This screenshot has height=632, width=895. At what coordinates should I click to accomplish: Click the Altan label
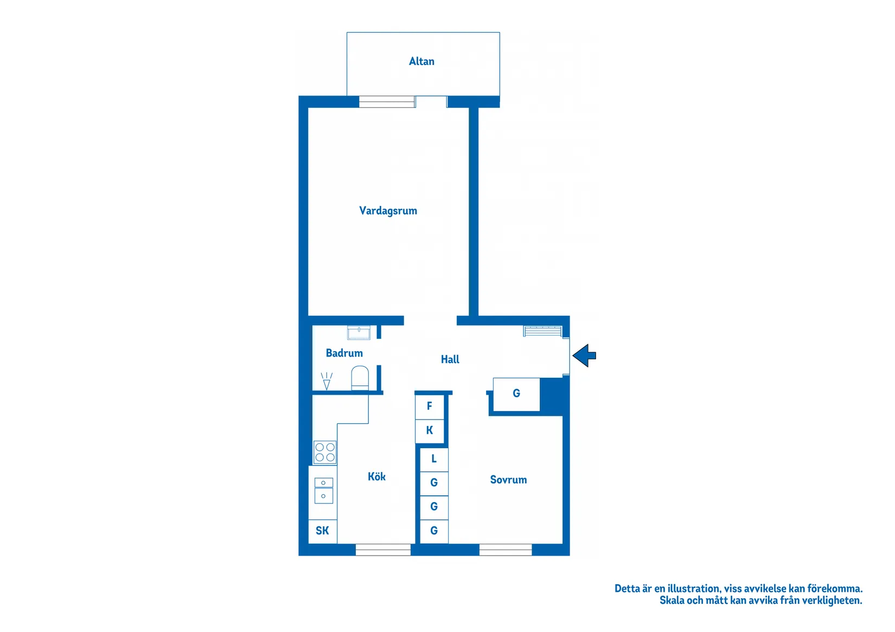[x=421, y=61]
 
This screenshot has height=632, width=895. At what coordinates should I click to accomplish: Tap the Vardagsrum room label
[x=388, y=211]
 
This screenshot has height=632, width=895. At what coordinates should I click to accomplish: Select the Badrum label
[x=344, y=353]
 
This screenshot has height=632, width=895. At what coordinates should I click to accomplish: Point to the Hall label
[x=450, y=359]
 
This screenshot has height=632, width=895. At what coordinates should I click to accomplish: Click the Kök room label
[x=376, y=476]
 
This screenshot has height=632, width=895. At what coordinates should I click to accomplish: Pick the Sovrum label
[x=508, y=480]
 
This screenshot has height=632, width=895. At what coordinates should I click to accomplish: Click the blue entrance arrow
[x=584, y=356]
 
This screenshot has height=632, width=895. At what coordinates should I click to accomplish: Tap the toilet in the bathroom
[x=360, y=378]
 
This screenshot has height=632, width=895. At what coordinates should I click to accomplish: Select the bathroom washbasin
[x=359, y=333]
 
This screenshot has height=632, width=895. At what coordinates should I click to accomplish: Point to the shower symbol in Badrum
[x=327, y=381]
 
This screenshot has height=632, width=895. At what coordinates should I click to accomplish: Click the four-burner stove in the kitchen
[x=325, y=453]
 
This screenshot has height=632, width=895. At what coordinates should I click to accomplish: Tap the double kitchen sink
[x=324, y=491]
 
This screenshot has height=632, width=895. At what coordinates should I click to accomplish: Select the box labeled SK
[x=322, y=531]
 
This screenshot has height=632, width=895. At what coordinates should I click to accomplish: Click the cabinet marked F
[x=430, y=407]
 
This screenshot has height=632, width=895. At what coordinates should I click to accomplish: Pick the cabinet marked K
[x=430, y=431]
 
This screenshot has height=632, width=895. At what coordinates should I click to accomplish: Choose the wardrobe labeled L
[x=434, y=460]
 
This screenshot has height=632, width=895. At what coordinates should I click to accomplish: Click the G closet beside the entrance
[x=516, y=394]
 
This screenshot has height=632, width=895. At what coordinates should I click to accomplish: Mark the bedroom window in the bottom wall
[x=506, y=550]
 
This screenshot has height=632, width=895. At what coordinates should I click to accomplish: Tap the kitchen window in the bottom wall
[x=383, y=550]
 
